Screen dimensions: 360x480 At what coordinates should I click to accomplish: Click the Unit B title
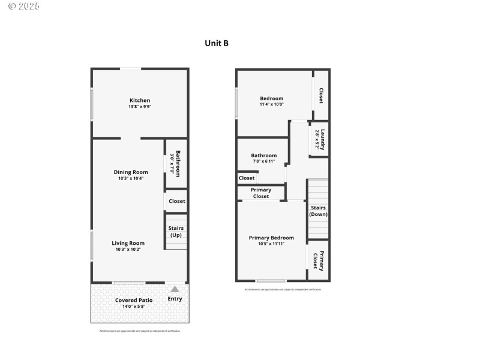[217, 43]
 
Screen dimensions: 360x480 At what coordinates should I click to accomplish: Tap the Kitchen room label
[140, 100]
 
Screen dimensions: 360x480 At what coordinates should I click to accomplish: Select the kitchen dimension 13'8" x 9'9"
[140, 107]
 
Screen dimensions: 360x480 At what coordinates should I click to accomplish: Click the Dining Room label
[131, 172]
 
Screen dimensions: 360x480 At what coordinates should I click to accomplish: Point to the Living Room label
[128, 243]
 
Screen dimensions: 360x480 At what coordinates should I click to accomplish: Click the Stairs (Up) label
[176, 232]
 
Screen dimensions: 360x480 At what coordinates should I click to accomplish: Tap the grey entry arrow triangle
[175, 289]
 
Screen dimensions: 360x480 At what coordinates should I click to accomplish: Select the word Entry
[175, 299]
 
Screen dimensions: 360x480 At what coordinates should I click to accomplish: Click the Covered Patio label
[134, 300]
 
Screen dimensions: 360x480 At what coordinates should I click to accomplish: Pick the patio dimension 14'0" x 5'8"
[134, 307]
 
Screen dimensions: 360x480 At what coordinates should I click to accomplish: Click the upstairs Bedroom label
[271, 98]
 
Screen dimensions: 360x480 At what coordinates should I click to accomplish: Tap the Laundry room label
[323, 140]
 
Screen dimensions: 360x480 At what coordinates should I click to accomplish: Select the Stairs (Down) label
[318, 211]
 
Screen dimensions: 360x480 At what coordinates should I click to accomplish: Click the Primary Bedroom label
[271, 238]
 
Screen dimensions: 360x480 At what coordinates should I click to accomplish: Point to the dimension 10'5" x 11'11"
[271, 244]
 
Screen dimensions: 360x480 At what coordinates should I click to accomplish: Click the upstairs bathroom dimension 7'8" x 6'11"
[263, 161]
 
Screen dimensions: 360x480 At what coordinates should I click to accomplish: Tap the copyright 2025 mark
[24, 6]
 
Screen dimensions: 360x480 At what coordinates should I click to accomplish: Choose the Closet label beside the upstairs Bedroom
[321, 95]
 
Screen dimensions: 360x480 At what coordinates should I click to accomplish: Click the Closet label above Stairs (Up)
[177, 201]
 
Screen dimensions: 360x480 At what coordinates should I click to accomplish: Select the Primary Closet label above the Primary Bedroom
[261, 193]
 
